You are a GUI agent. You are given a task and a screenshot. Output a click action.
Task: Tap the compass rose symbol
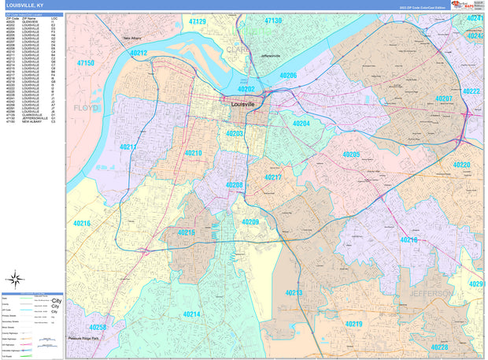click(14, 277)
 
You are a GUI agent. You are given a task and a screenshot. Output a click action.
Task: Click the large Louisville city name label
click(250, 104)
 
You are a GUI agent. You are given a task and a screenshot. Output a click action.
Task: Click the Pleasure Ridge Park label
click(85, 338)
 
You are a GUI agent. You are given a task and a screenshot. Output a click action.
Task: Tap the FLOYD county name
click(86, 107)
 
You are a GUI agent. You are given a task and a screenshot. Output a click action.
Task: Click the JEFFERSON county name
click(430, 293)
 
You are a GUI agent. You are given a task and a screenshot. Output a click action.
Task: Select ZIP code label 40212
click(139, 53)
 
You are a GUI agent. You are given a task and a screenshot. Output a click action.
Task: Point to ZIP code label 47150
click(85, 63)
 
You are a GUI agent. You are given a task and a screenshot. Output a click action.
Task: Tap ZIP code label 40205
click(350, 154)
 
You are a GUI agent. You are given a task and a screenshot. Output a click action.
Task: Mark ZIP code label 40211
click(129, 147)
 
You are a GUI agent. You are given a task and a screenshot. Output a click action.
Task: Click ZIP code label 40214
click(191, 314)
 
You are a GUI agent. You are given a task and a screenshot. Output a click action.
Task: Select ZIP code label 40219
click(353, 324)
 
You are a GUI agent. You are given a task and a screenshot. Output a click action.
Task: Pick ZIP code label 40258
click(98, 326)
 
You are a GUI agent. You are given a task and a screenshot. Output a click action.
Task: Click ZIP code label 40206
click(288, 76)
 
